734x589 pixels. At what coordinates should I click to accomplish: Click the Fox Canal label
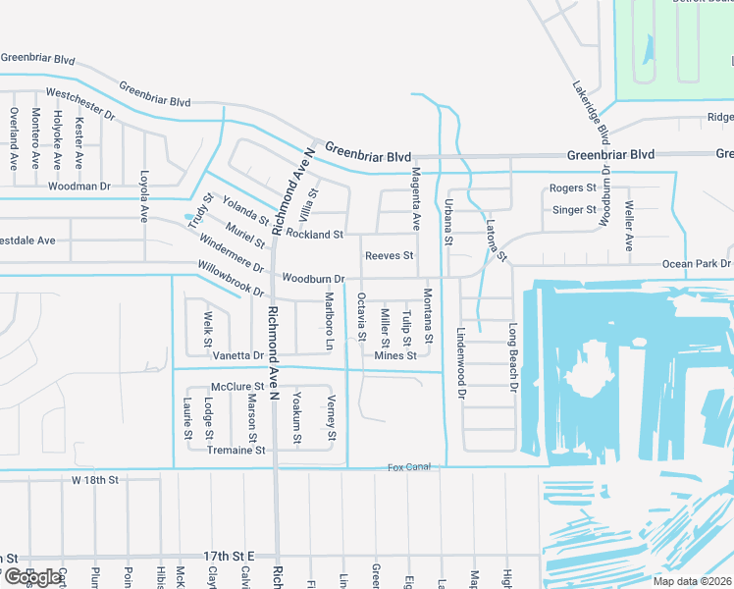pos(408,467)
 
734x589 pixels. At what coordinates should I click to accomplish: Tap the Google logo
pos(31,577)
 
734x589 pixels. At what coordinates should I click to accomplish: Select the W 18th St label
pos(94,480)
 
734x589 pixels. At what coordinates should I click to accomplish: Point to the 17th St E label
pos(229,557)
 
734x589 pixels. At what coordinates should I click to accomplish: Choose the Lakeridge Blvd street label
pos(592,110)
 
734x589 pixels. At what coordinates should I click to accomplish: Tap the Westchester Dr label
pos(80,105)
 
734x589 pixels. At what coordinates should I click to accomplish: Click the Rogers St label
pos(573,188)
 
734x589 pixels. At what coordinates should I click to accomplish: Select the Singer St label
pos(574,210)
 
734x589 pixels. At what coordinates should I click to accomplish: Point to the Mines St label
pos(395,355)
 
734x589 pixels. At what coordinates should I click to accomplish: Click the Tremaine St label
pos(236,451)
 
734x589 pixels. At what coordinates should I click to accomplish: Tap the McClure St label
pos(237,387)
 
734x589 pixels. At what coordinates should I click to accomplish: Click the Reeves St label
pos(389,256)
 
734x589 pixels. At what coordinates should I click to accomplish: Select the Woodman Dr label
pos(79,186)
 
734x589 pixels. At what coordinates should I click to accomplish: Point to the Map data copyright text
pos(691,581)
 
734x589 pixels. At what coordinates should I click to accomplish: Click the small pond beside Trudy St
pos(189,217)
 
